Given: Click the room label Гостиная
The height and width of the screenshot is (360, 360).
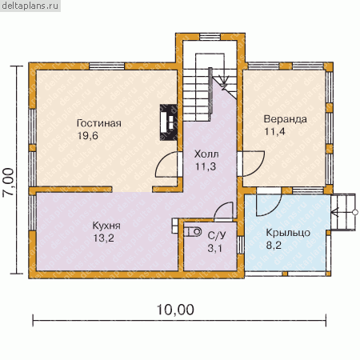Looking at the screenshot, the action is [x=99, y=123].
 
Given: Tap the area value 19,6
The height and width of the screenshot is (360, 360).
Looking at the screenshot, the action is [x=88, y=136].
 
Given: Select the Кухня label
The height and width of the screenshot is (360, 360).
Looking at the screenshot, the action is [x=106, y=226].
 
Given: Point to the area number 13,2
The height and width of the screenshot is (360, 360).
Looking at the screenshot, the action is [x=103, y=238].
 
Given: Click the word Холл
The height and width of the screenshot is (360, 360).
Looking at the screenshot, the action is [x=206, y=154].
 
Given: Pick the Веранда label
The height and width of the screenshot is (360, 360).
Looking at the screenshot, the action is [x=285, y=119].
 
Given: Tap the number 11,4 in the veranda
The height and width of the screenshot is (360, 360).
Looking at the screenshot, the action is [x=274, y=131].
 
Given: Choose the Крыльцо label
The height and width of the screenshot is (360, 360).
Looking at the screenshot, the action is [x=288, y=233].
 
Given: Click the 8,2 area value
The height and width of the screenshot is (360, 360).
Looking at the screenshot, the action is [x=274, y=245].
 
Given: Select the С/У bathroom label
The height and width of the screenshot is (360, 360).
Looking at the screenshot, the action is [x=217, y=235].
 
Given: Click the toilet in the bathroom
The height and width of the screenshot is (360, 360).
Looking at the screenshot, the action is [x=193, y=232].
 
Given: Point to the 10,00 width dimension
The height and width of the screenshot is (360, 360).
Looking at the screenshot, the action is [x=175, y=310].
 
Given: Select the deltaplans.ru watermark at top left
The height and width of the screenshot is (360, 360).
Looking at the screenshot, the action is [x=30, y=6].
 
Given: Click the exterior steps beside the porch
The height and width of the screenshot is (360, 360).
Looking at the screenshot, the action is [x=343, y=212].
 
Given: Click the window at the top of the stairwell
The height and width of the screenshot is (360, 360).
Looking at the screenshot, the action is [x=211, y=37].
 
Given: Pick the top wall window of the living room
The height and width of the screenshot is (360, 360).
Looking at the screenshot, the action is [x=106, y=66].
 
